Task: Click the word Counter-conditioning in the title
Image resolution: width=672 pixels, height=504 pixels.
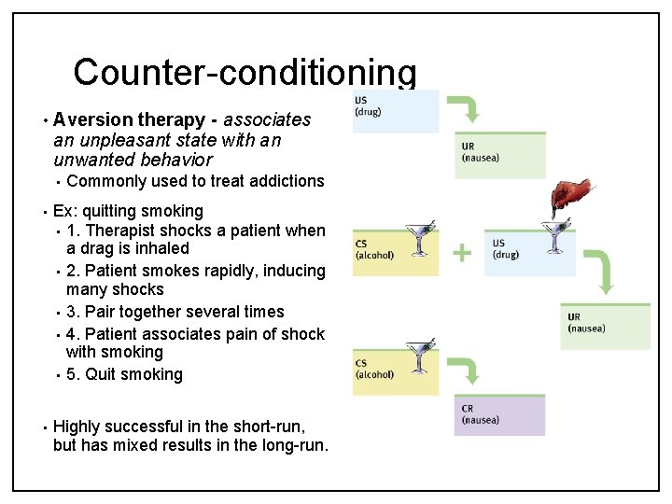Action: [x=245, y=72]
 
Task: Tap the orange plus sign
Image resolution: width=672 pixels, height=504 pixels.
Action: [x=462, y=251]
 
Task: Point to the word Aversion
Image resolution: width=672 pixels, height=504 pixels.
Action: [x=93, y=119]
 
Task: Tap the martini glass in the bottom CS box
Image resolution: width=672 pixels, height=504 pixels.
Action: [x=418, y=359]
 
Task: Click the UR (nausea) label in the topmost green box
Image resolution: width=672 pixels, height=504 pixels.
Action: [x=480, y=152]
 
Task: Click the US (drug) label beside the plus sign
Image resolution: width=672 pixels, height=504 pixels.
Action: [x=505, y=249]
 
